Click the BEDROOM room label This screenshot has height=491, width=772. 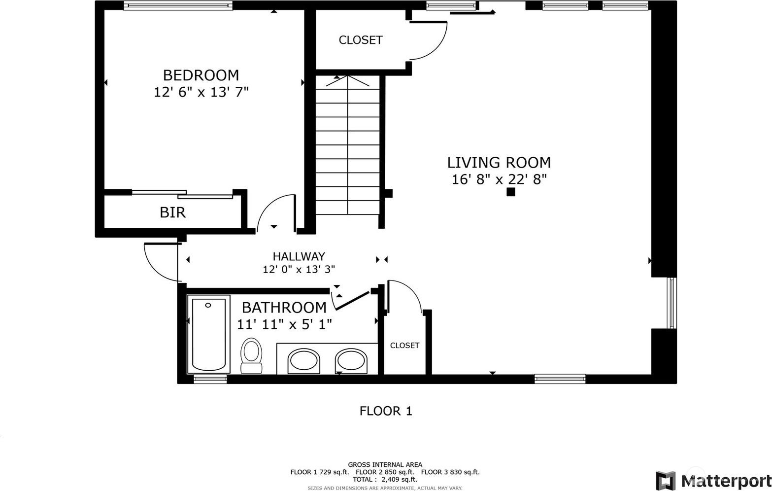(201, 75)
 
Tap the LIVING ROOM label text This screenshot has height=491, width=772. (499, 162)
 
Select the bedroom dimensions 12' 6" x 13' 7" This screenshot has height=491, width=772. (201, 92)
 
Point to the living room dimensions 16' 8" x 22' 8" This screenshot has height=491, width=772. (500, 179)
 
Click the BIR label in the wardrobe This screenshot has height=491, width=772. (172, 212)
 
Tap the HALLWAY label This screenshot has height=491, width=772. (299, 256)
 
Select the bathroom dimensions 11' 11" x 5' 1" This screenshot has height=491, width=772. (284, 324)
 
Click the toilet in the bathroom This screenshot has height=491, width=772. (251, 355)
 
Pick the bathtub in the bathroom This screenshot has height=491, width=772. (208, 334)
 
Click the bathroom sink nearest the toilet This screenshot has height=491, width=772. (303, 361)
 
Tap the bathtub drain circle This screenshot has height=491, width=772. (208, 305)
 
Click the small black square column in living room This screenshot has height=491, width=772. (511, 192)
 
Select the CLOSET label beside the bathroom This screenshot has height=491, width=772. (404, 345)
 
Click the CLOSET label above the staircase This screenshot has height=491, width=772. (361, 40)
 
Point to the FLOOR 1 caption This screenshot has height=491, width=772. (386, 411)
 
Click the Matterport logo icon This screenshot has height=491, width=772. (666, 480)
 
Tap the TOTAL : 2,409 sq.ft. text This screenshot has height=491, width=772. (385, 479)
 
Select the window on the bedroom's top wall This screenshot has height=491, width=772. (178, 5)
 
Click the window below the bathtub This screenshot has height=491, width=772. (210, 379)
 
